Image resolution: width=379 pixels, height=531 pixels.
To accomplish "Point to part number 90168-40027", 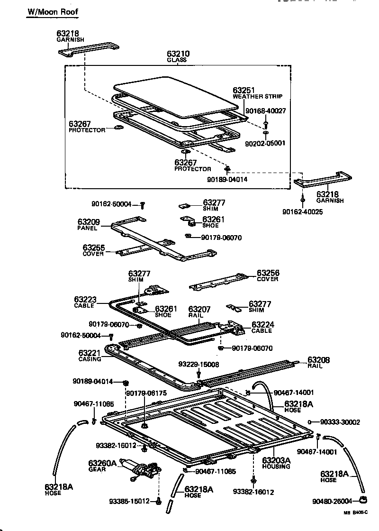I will tap(265, 110).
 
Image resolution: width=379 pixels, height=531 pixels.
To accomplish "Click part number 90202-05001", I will tap(265, 143).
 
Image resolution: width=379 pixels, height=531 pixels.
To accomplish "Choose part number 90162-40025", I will tap(301, 211).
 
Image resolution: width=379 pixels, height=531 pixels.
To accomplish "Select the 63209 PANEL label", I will tap(88, 224).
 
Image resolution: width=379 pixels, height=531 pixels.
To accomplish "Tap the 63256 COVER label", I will tap(268, 275).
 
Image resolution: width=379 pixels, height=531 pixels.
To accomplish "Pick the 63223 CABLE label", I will tap(85, 302).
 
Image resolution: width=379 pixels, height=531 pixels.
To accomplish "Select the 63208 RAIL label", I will tap(318, 363).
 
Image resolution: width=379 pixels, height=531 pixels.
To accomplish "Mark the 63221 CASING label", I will tap(90, 356).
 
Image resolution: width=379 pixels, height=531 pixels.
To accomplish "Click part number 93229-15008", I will tap(199, 365).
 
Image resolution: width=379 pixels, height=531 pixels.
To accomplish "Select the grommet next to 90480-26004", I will tap(363, 500).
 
